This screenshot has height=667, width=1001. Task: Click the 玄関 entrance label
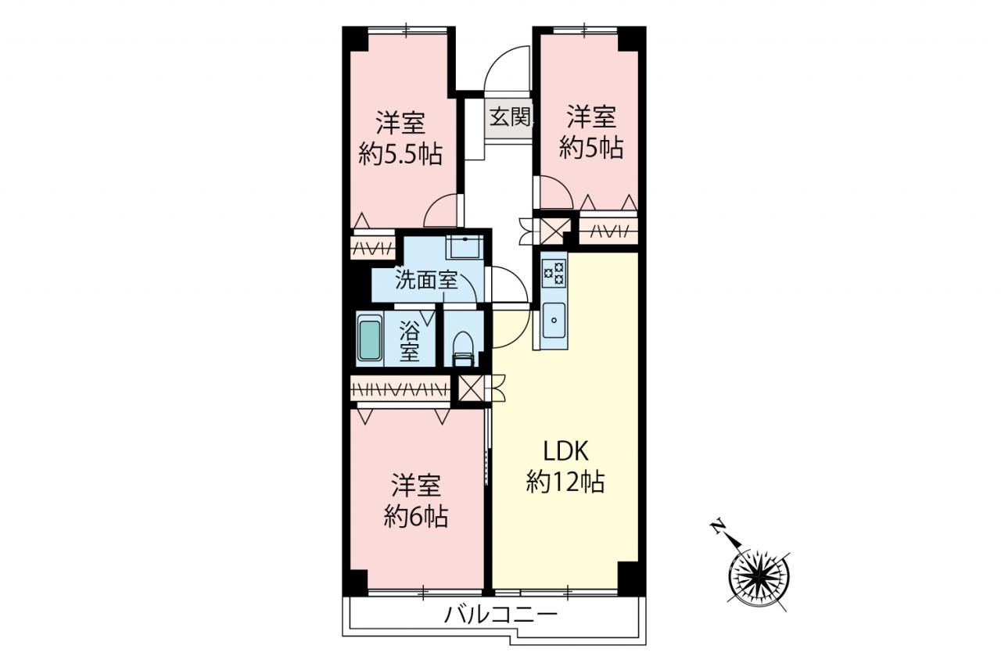pos(510,117)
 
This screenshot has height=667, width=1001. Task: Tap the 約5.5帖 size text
pos(400,155)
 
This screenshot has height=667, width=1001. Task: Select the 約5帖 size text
pos(591,148)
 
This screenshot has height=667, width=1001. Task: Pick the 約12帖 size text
pos(565,482)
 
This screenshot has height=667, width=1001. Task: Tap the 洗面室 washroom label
pos(426,281)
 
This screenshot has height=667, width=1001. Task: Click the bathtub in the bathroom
pos(370,338)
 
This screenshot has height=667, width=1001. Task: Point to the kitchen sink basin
pos(554,321)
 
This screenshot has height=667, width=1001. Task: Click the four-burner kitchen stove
pos(554,274)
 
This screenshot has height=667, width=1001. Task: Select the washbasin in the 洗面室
pos(465,247)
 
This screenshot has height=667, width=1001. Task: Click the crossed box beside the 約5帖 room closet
pos(552,231)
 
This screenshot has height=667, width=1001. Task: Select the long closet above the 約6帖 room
pos(400,389)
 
